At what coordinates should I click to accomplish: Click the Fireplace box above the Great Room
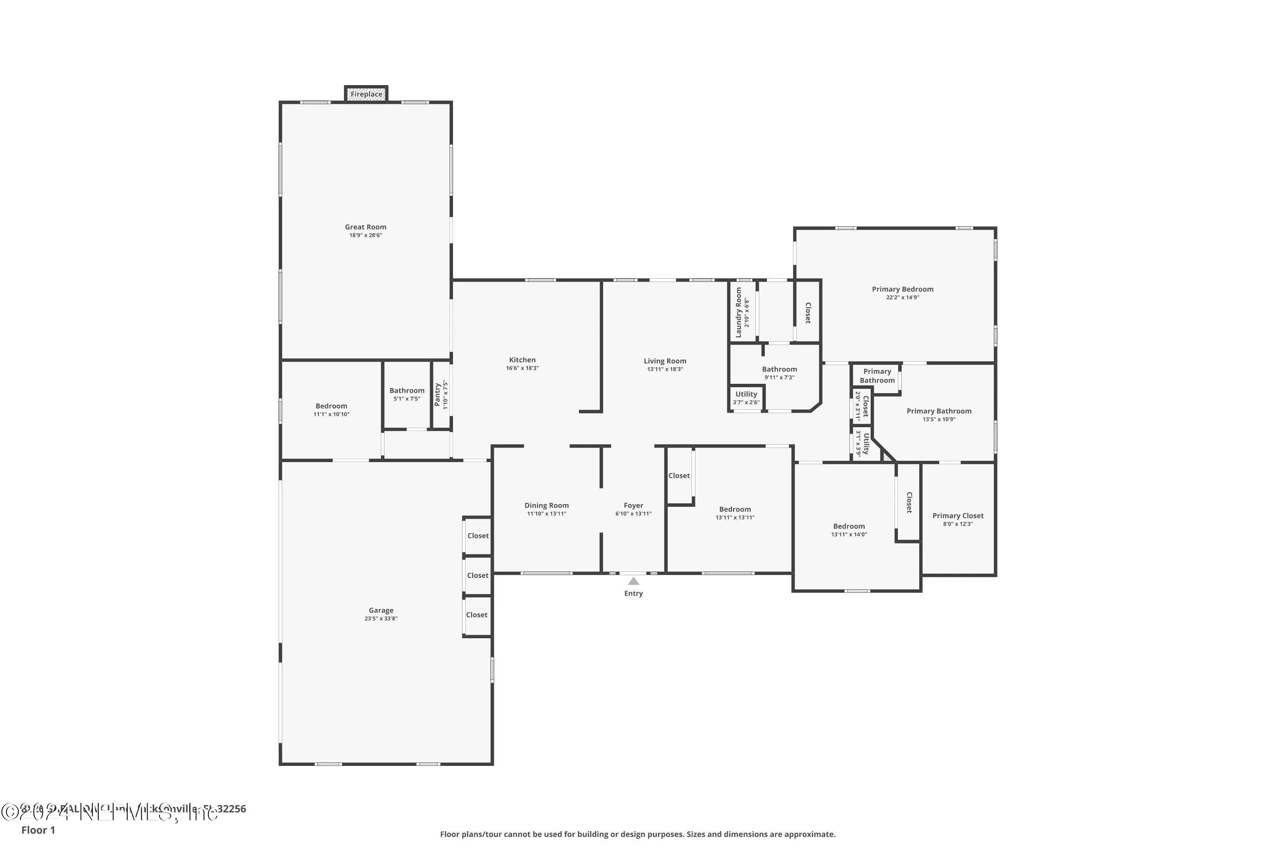click(366, 94)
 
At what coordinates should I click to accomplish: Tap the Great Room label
click(366, 227)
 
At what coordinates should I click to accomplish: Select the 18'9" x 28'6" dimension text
click(366, 235)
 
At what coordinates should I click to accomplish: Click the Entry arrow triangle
click(633, 581)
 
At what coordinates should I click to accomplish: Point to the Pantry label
click(437, 394)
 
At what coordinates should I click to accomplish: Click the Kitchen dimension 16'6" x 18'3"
click(522, 368)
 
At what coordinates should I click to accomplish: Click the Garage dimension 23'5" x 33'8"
click(381, 618)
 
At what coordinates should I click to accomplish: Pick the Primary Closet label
click(957, 516)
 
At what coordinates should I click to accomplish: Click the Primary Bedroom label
click(902, 289)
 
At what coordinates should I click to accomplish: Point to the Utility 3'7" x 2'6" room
click(746, 398)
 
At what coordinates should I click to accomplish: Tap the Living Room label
click(664, 360)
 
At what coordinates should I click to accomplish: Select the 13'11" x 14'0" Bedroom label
click(849, 526)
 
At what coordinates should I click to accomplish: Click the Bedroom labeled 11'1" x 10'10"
click(331, 406)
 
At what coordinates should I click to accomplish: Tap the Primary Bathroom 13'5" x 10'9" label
click(939, 411)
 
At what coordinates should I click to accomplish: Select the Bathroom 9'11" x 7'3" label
click(779, 369)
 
